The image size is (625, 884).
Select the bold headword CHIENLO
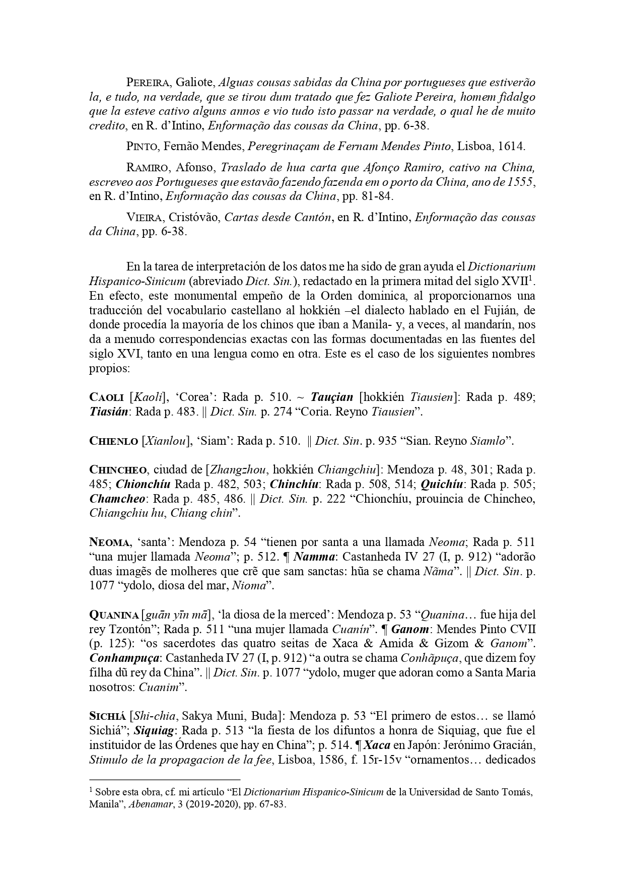click(113, 441)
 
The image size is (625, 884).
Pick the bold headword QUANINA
click(114, 615)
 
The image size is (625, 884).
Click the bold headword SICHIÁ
click(108, 716)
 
